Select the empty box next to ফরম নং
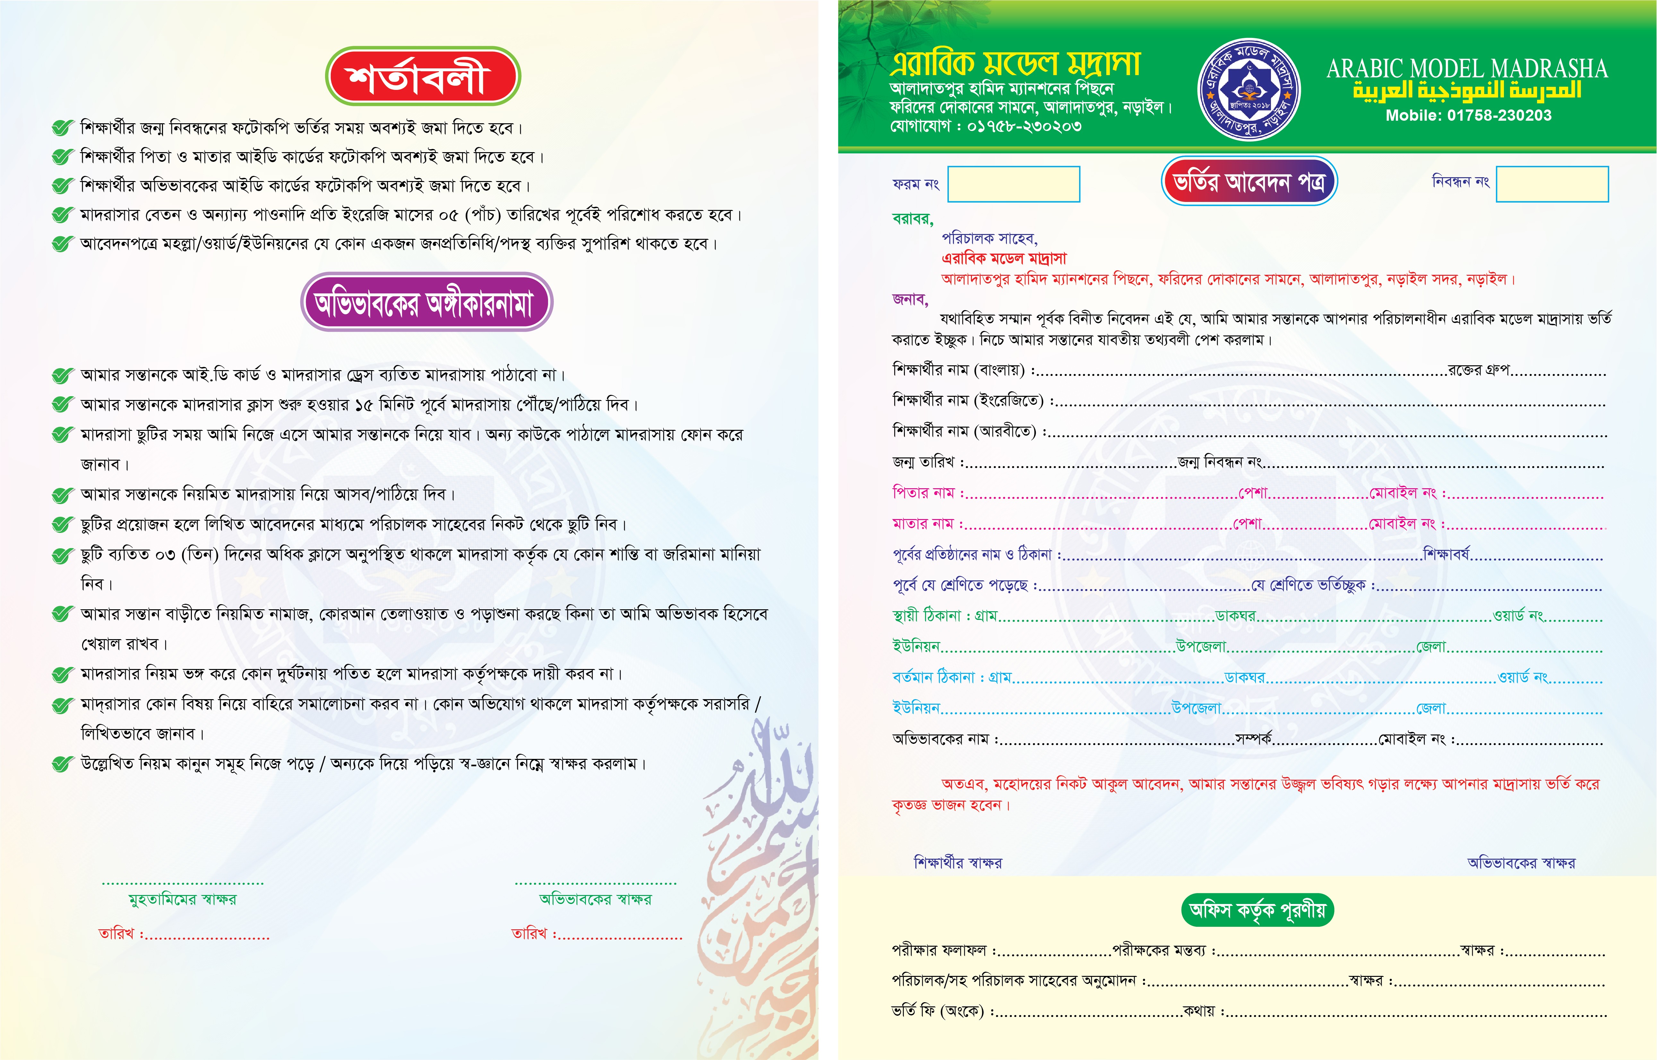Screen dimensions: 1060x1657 1014,185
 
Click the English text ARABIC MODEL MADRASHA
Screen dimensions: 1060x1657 1466,69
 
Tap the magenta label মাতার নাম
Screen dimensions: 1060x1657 923,524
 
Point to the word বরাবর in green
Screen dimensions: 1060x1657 912,219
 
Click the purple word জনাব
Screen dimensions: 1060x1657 910,300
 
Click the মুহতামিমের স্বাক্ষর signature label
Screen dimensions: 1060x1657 182,899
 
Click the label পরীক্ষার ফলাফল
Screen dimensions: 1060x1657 939,951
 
